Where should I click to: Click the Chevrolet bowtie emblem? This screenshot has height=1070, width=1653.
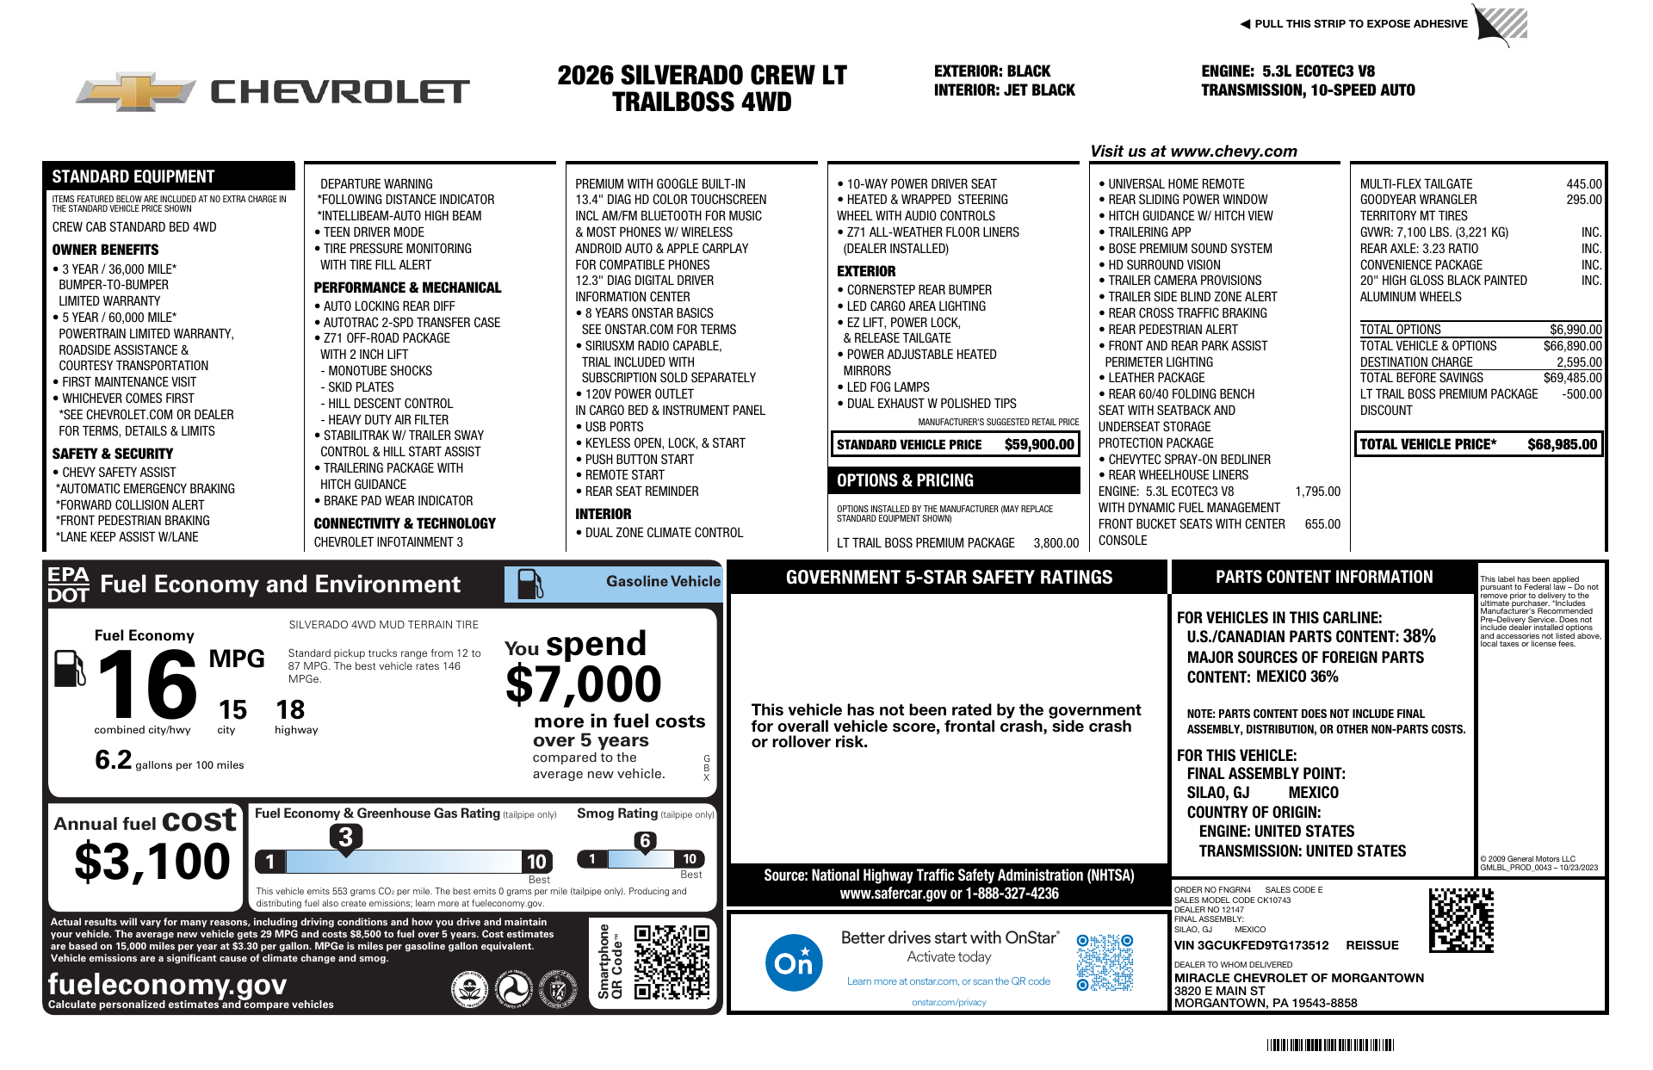[x=136, y=92]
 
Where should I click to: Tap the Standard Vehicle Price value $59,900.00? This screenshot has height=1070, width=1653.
[x=1039, y=444]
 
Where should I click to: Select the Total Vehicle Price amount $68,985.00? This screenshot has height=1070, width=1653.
[x=1562, y=444]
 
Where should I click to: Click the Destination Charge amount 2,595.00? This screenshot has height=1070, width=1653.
[x=1578, y=362]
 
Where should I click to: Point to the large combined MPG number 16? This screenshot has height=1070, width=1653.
[x=147, y=684]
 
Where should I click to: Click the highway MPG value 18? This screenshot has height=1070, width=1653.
[x=290, y=709]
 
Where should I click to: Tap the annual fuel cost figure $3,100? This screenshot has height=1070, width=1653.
[x=152, y=861]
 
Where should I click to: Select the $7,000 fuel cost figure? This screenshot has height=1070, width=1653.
[x=583, y=685]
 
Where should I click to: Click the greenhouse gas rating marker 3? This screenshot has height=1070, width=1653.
[x=345, y=837]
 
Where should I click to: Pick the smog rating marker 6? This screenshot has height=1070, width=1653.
[x=645, y=841]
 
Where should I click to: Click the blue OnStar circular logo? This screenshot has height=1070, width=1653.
[x=793, y=962]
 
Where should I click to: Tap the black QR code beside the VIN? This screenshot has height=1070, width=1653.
[x=1461, y=920]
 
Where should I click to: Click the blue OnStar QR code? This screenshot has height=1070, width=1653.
[x=1105, y=962]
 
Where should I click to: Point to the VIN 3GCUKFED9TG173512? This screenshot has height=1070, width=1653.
[x=1251, y=945]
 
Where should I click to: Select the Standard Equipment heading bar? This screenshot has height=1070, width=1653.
[x=169, y=176]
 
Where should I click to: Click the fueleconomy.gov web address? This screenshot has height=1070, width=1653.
[x=167, y=984]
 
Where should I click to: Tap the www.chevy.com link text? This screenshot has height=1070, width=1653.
[x=1234, y=152]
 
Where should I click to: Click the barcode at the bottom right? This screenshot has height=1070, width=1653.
[x=1330, y=1045]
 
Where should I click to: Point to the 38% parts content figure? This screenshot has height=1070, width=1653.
[x=1419, y=636]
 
